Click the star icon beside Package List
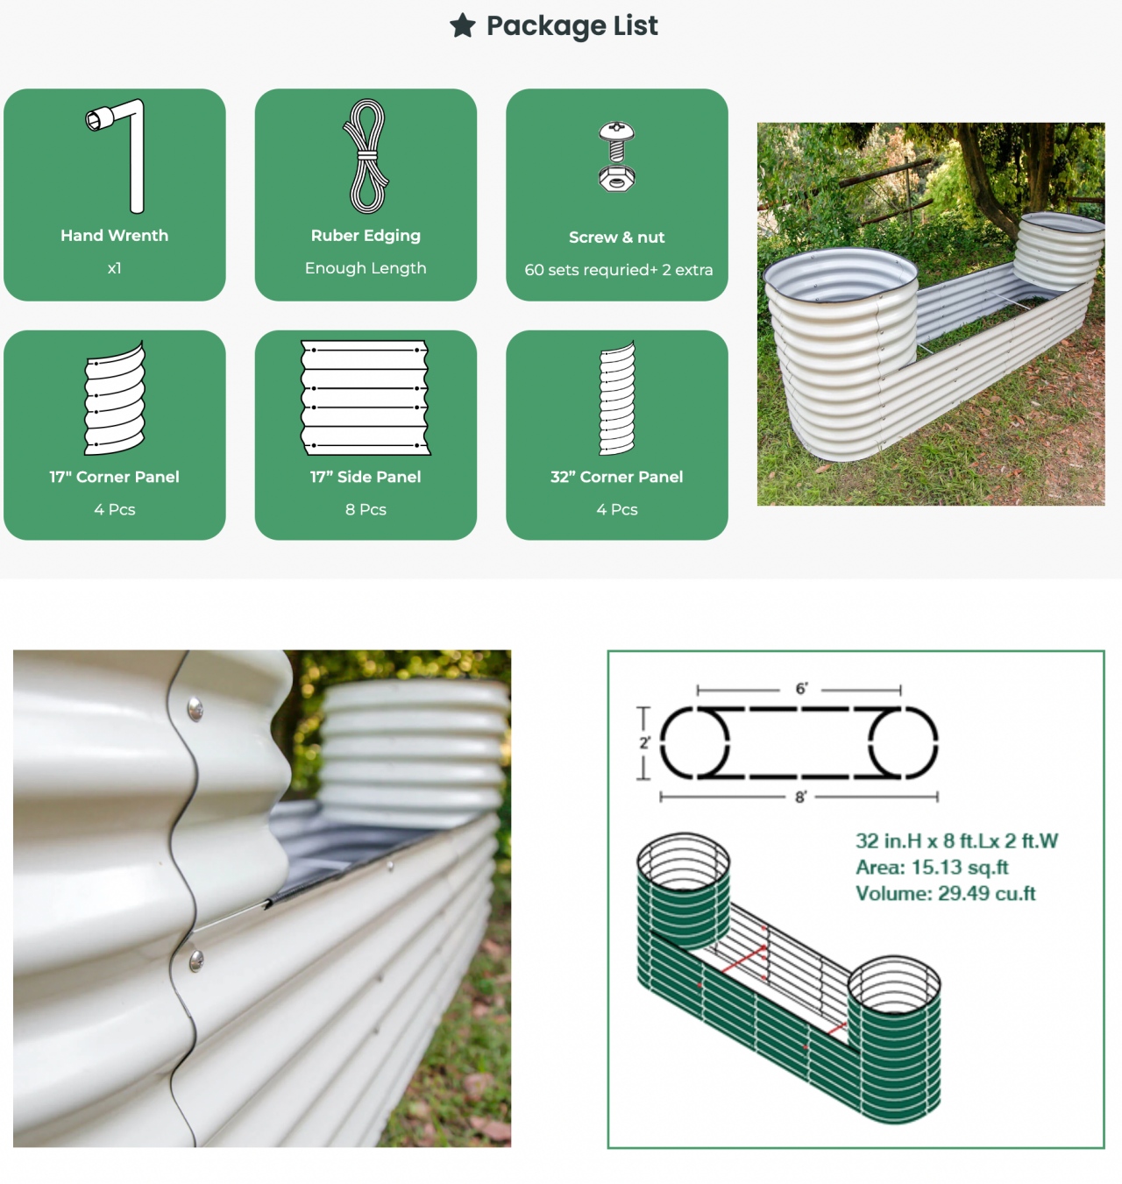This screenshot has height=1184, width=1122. pyautogui.click(x=462, y=25)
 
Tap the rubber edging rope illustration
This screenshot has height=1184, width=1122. pyautogui.click(x=366, y=156)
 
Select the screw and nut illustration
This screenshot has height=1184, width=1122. pyautogui.click(x=616, y=157)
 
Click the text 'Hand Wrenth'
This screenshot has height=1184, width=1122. pyautogui.click(x=115, y=236)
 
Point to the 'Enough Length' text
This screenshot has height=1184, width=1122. pyautogui.click(x=366, y=268)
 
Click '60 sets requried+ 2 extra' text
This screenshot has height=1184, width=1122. pyautogui.click(x=618, y=270)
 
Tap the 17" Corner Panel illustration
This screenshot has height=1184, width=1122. pyautogui.click(x=115, y=398)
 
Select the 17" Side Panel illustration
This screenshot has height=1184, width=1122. pyautogui.click(x=366, y=398)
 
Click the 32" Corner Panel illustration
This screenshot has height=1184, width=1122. pyautogui.click(x=616, y=398)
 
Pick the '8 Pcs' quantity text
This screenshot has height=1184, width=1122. pyautogui.click(x=366, y=509)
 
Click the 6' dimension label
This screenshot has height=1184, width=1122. pyautogui.click(x=801, y=688)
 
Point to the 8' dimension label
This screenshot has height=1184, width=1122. pyautogui.click(x=800, y=797)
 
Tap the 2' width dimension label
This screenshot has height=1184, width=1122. pyautogui.click(x=645, y=742)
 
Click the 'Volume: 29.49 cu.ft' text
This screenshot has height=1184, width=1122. pyautogui.click(x=946, y=893)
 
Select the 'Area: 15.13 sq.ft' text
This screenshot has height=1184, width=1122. pyautogui.click(x=932, y=868)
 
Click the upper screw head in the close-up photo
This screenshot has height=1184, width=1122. pyautogui.click(x=195, y=709)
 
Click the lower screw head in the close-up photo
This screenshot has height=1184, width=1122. pyautogui.click(x=196, y=960)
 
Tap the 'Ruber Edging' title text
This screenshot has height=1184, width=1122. pyautogui.click(x=366, y=236)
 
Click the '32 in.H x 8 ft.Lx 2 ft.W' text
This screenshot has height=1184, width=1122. pyautogui.click(x=957, y=840)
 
